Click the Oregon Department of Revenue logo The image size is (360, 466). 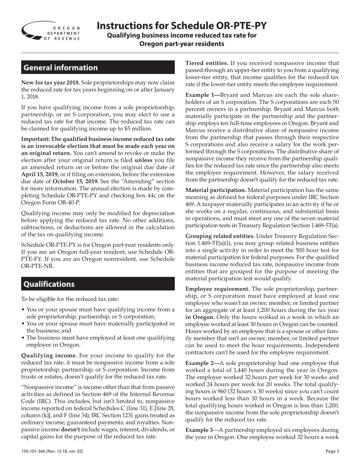coord(51,31)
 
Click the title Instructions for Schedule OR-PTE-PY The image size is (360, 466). coord(182,25)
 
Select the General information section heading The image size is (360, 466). coord(61,68)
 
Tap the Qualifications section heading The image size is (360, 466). coord(49,284)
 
